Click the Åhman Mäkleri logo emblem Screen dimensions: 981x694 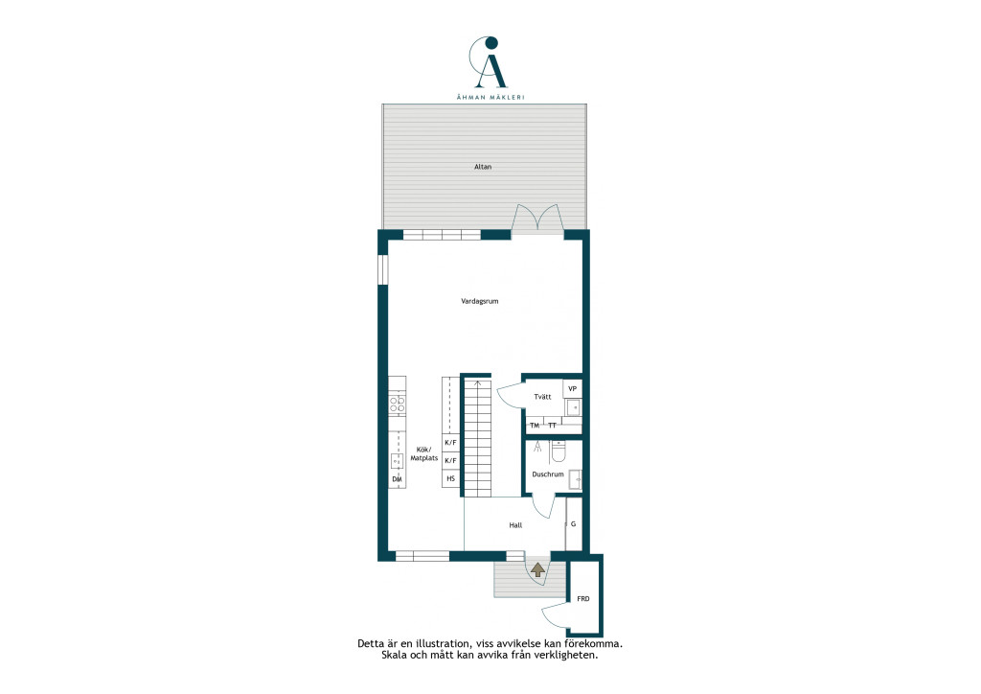tap(490, 62)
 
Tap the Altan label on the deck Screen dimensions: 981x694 tap(483, 167)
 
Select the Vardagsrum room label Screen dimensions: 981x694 tap(480, 301)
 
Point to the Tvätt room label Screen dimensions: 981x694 tap(542, 397)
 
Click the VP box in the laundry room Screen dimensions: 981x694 tap(573, 388)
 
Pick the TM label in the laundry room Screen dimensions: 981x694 tap(535, 426)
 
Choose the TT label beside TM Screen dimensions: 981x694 tap(552, 426)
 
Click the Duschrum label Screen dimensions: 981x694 tap(548, 474)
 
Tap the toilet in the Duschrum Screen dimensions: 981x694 tap(559, 451)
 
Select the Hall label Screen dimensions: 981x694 tap(515, 525)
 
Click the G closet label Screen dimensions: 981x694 tap(573, 524)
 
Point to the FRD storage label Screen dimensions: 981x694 tap(583, 599)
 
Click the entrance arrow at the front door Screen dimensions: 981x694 tap(537, 569)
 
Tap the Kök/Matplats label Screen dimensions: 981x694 tap(424, 453)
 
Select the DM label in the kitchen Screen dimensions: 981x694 tap(397, 479)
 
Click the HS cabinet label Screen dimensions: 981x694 tap(450, 478)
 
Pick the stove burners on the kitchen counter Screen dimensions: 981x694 tap(398, 403)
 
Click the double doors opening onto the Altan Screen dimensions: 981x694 tap(536, 219)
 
